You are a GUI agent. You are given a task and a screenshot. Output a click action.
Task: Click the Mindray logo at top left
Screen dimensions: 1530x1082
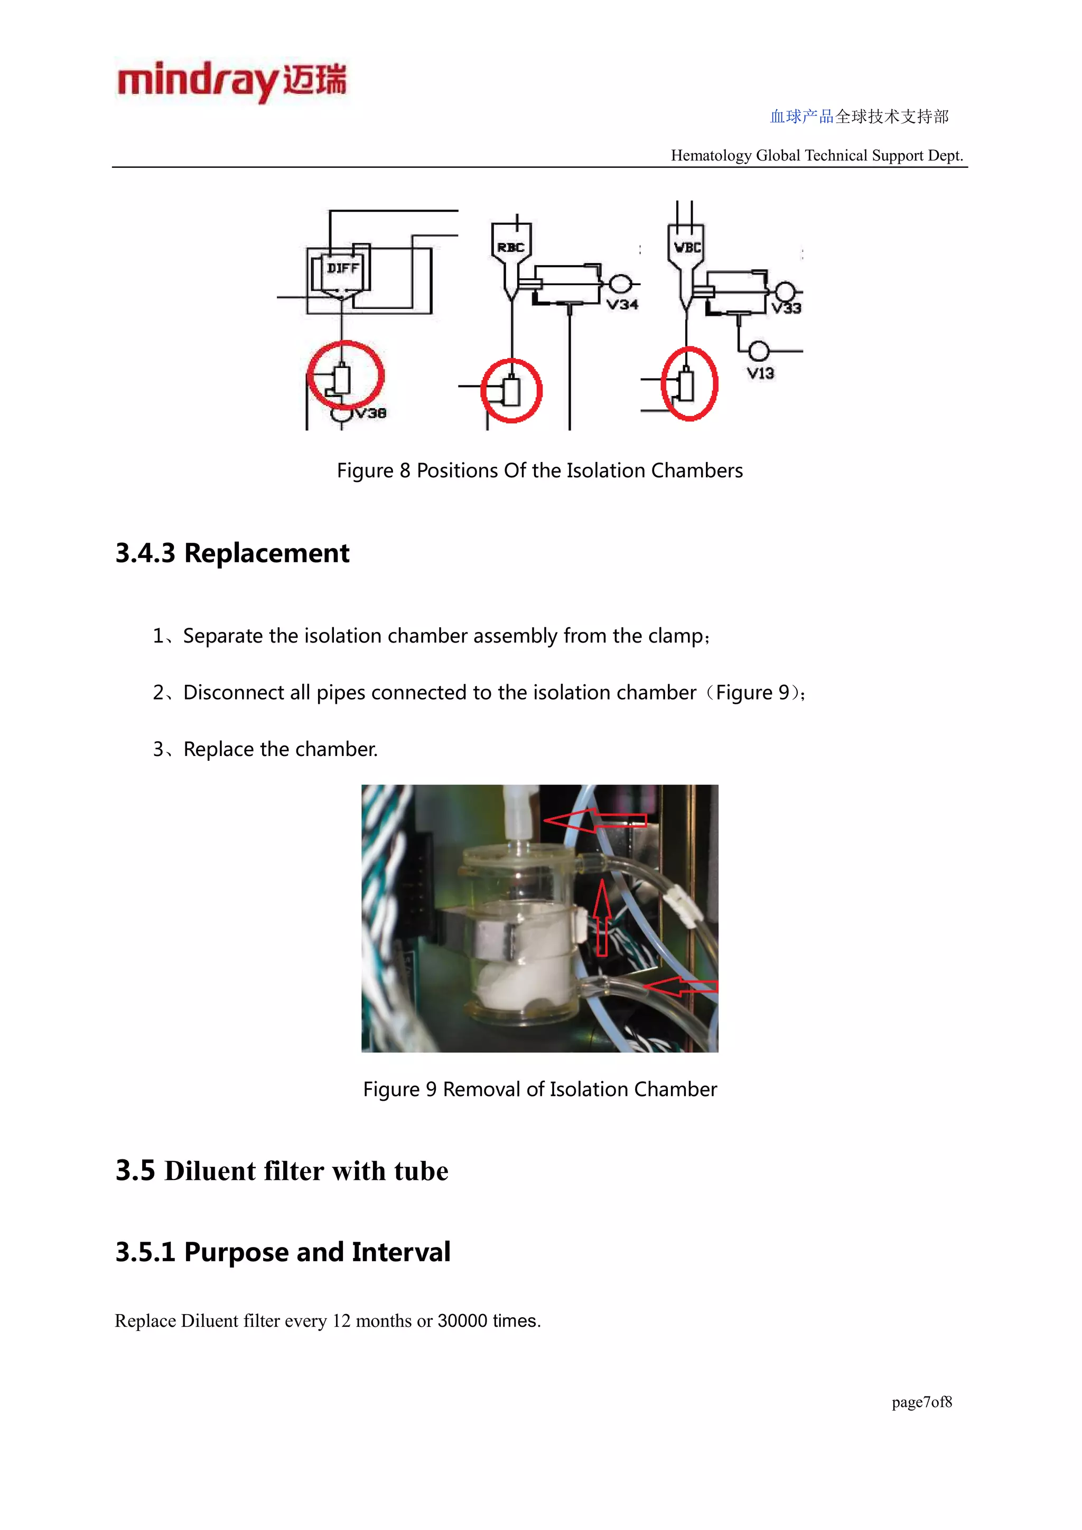pos(232,81)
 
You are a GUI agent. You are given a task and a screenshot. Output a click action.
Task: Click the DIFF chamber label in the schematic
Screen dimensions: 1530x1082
pos(343,268)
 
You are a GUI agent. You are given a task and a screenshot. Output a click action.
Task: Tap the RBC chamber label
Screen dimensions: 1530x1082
pos(511,247)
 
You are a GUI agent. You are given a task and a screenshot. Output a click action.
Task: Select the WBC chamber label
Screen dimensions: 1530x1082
pos(687,247)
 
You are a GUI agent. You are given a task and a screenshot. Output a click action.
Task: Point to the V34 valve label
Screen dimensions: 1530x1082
pos(622,305)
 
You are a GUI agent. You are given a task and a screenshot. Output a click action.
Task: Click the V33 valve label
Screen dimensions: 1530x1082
pos(786,308)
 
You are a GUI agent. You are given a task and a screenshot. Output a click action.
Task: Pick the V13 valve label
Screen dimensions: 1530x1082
pos(760,373)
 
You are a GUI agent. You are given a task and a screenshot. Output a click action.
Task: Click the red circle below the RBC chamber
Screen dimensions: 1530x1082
pos(511,391)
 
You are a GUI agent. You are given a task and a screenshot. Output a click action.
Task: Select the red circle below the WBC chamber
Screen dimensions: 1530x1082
pos(689,384)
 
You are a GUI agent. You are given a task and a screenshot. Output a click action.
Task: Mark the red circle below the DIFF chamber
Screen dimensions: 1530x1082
pos(346,375)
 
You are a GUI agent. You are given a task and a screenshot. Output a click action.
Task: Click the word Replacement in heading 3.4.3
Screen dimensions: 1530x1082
pos(267,553)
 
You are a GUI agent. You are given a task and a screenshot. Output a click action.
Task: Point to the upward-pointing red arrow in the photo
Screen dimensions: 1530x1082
pos(602,917)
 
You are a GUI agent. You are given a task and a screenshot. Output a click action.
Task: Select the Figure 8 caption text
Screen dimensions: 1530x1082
pos(539,470)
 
